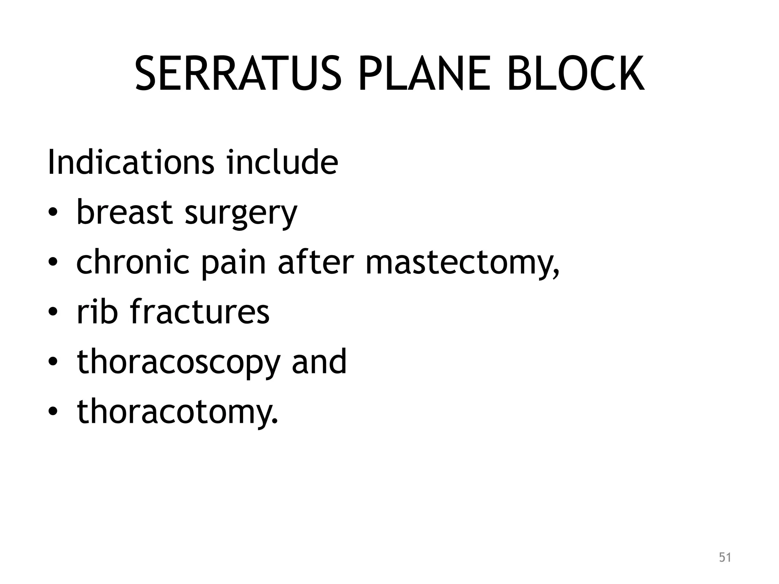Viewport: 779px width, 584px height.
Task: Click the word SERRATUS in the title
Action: [x=238, y=74]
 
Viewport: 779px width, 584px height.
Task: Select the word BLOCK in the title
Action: [x=576, y=74]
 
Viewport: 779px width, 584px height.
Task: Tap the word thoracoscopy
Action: [x=178, y=363]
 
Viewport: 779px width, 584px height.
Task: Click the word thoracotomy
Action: [x=177, y=412]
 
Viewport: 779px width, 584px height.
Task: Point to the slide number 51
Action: [x=725, y=557]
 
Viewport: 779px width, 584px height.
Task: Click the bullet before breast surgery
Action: [x=53, y=213]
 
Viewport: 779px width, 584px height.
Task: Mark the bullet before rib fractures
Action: [x=53, y=313]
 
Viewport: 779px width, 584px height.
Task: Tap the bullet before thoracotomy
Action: [x=53, y=412]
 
